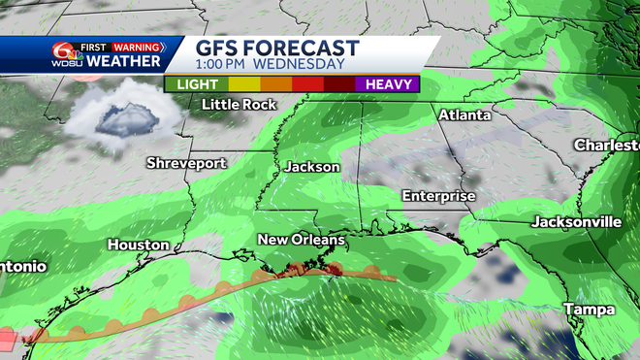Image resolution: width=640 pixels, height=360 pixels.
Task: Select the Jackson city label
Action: (x=312, y=167)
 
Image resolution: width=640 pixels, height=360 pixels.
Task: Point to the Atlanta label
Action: (x=464, y=115)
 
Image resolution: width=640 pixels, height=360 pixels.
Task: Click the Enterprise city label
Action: (x=439, y=196)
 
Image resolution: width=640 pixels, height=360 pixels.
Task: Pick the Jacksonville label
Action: (x=576, y=222)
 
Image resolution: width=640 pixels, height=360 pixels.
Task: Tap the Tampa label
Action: (x=590, y=310)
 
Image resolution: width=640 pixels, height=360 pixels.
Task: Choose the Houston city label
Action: (x=139, y=245)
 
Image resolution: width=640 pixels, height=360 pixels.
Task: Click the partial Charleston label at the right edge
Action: (x=607, y=145)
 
